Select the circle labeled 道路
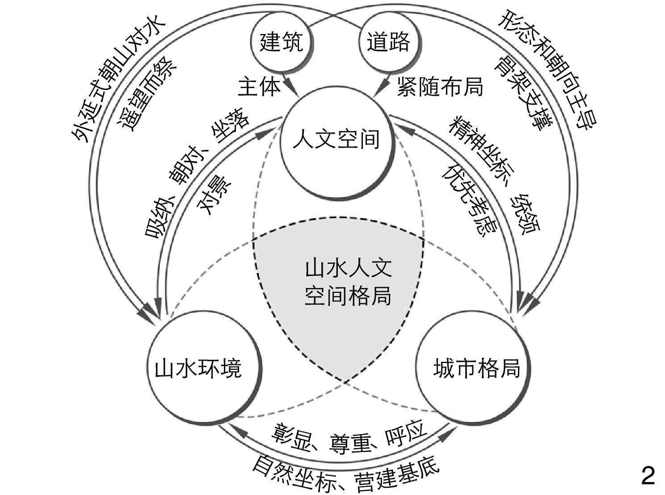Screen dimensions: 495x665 coord(389,43)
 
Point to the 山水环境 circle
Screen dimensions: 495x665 coord(198,369)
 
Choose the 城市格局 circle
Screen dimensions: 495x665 coord(476,369)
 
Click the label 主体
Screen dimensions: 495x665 coord(259,86)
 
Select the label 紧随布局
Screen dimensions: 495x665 coord(440,86)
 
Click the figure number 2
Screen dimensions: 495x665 coord(648,476)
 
